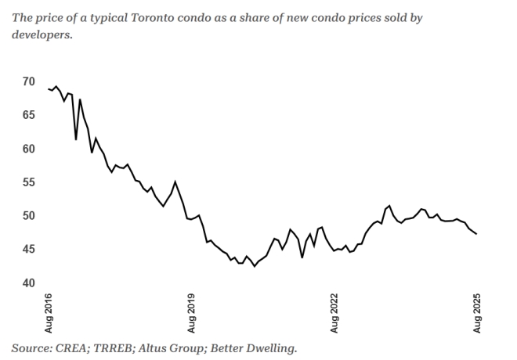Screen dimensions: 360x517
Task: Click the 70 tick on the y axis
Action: (x=28, y=81)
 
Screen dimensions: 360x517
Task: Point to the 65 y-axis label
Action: (x=28, y=115)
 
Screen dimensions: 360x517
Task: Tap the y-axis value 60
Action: (x=28, y=149)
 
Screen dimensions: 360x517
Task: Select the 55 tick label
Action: (x=28, y=182)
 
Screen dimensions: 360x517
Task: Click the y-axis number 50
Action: (x=28, y=216)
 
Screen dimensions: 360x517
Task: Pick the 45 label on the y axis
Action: (x=28, y=250)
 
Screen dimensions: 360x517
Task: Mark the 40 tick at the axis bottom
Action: (x=28, y=283)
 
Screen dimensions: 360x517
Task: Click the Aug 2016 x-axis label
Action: (x=49, y=313)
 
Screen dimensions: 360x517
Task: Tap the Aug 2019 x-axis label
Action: (x=191, y=313)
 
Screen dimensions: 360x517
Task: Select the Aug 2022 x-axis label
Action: (x=334, y=313)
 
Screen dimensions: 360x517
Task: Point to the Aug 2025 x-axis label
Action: (x=476, y=313)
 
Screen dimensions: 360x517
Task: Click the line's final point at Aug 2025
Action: (x=476, y=234)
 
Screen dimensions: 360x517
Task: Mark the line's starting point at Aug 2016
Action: (x=49, y=88)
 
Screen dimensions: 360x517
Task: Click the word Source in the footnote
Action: (x=32, y=347)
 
